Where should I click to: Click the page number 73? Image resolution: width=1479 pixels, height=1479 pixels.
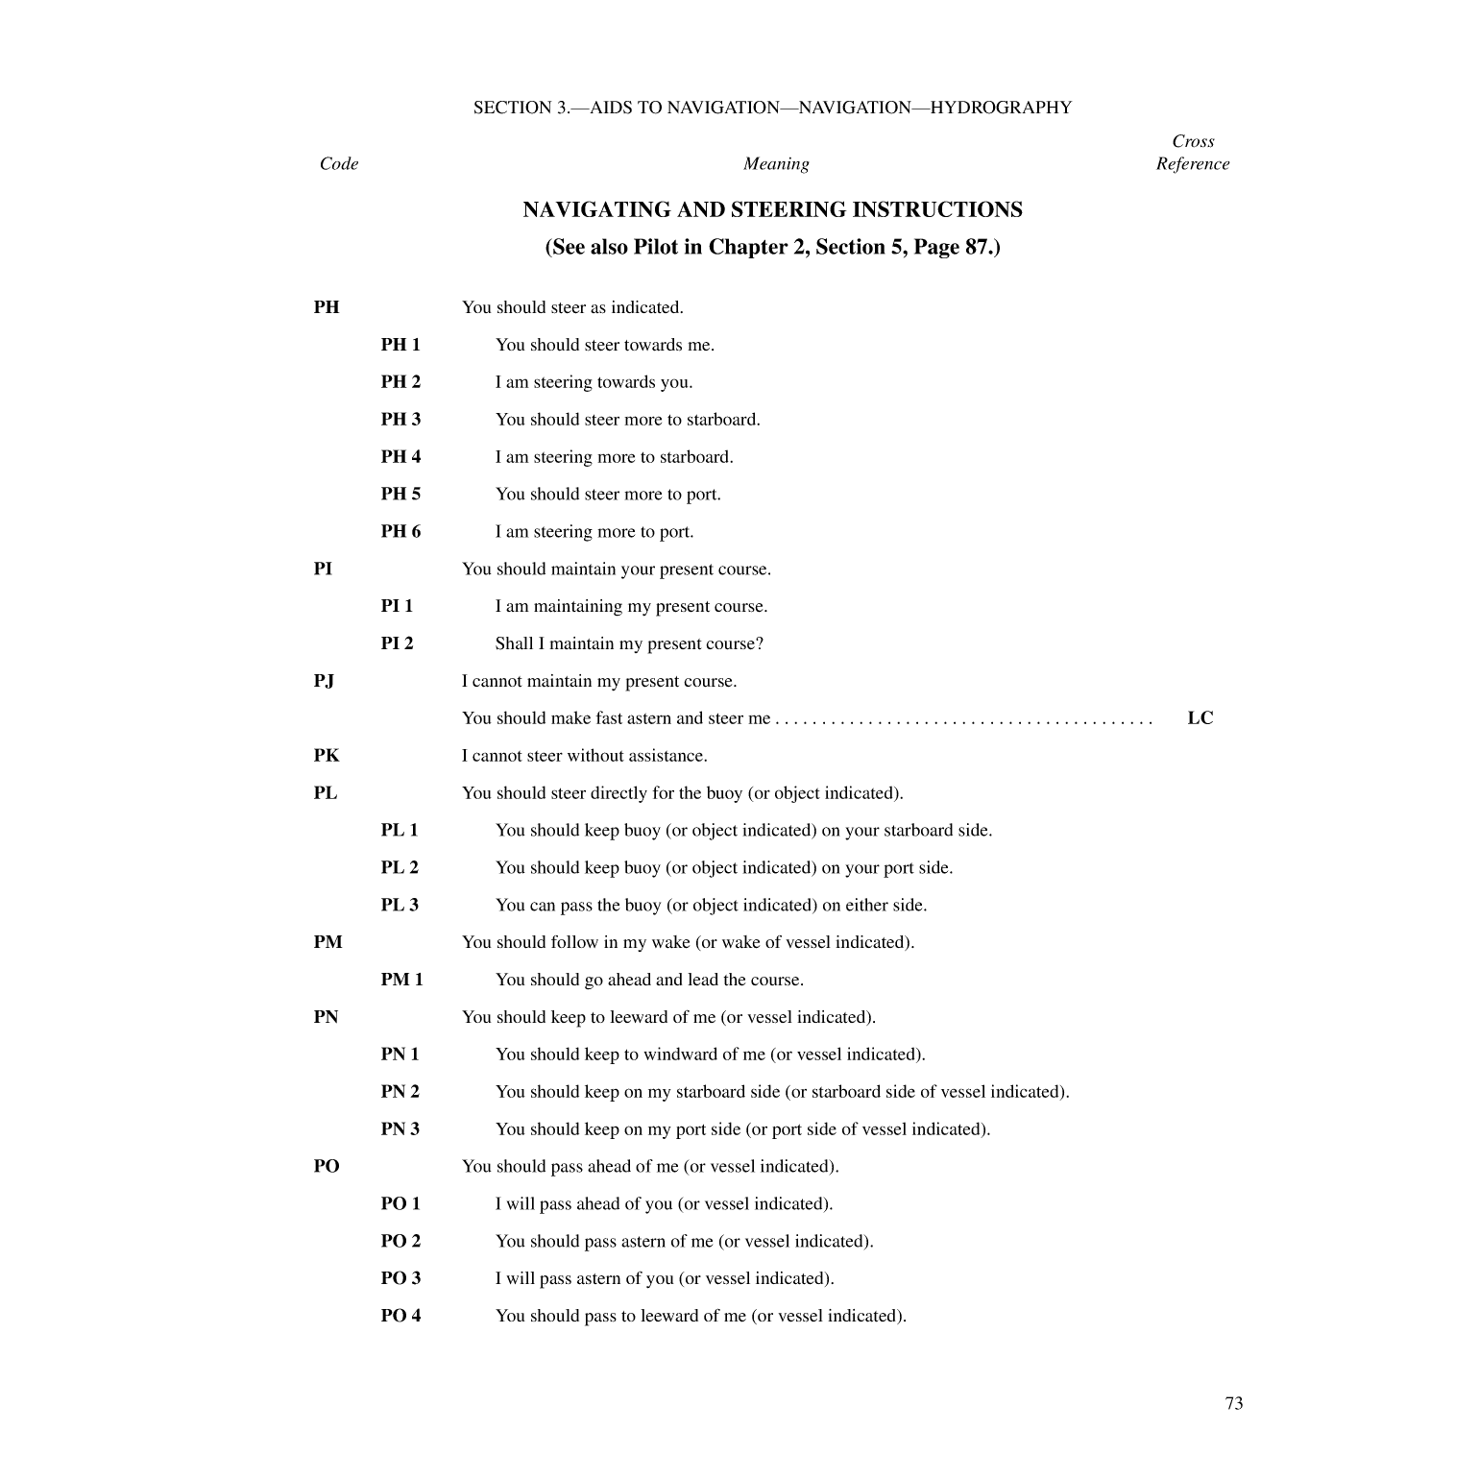click(1234, 1403)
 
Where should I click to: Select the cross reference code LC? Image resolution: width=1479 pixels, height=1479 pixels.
click(1200, 718)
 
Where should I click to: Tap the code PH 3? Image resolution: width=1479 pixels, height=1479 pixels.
click(400, 420)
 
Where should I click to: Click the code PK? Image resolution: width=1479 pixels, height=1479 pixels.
click(326, 756)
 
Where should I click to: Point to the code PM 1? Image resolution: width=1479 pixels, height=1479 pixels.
click(401, 980)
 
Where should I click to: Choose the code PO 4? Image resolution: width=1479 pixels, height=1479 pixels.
click(400, 1316)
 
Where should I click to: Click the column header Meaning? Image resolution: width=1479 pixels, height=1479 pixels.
click(776, 164)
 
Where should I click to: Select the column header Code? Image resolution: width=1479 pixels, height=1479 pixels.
click(339, 164)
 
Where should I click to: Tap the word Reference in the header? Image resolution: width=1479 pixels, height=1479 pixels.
click(1193, 164)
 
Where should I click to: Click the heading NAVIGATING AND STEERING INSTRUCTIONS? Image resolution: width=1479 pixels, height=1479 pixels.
click(772, 209)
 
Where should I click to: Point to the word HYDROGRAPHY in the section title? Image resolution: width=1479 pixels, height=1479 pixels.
click(1001, 108)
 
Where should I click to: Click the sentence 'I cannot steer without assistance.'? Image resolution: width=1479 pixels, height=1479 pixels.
click(584, 756)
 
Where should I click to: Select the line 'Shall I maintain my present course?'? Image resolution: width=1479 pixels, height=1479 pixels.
click(629, 643)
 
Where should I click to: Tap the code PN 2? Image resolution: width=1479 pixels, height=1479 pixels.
click(400, 1092)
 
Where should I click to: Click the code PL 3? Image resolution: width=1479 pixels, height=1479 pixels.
click(400, 905)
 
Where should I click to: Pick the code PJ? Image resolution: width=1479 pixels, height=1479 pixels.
click(324, 681)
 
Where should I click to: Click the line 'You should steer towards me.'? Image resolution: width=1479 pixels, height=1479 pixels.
click(605, 345)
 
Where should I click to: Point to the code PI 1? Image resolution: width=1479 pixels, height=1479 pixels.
click(397, 606)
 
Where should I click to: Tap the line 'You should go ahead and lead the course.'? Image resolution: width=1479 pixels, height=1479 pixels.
click(649, 980)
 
